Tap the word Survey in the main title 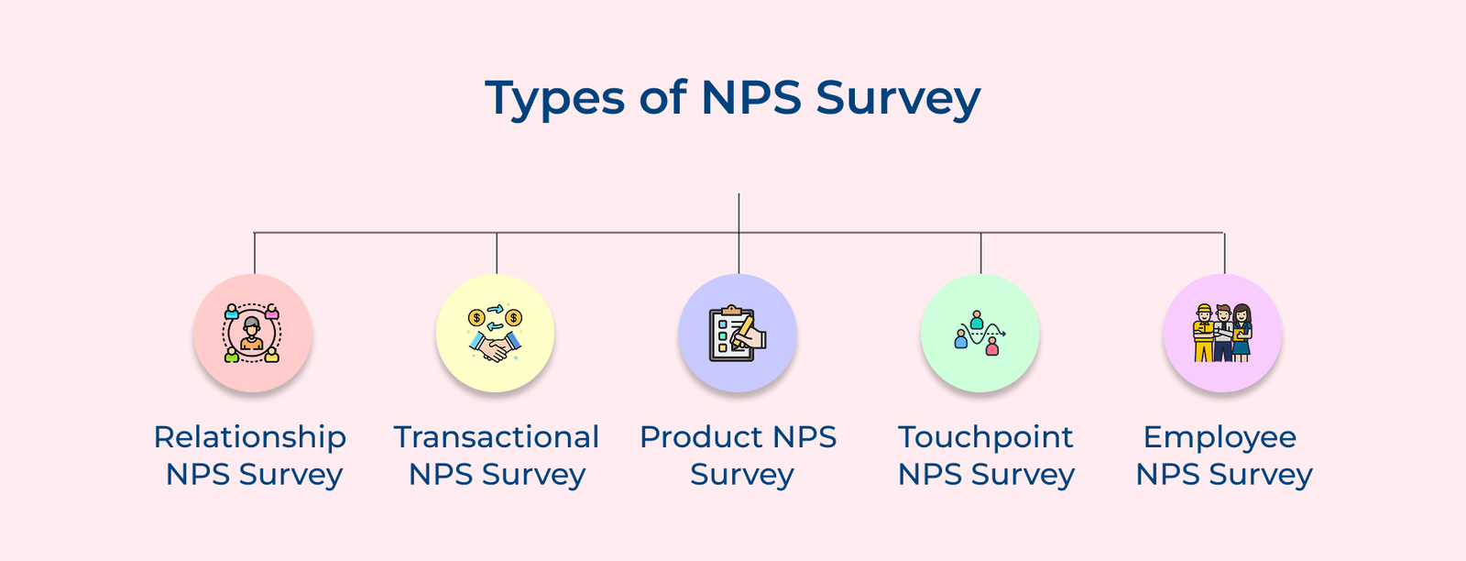point(898,99)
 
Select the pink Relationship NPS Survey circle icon point(253,334)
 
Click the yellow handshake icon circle point(495,334)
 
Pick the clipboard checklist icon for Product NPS point(738,334)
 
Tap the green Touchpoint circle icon point(979,334)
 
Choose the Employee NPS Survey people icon point(1222,334)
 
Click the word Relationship point(249,437)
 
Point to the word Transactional point(496,437)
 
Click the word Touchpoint point(985,437)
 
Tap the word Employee point(1220,437)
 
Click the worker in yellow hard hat point(1203,333)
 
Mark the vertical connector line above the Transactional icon point(497,253)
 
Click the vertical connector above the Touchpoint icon point(980,253)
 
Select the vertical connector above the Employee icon point(1224,253)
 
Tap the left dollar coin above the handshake point(476,318)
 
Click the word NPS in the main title point(751,99)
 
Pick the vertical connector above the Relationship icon point(255,253)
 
